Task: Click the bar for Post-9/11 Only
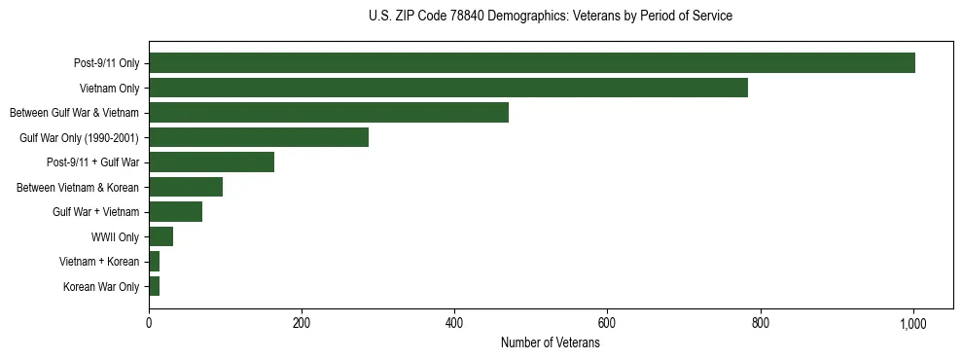tap(532, 63)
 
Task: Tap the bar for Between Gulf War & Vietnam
tap(329, 113)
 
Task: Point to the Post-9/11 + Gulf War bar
tap(211, 162)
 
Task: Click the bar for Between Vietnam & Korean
tap(186, 187)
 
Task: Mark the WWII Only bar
tap(160, 236)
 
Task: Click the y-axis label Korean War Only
tap(101, 287)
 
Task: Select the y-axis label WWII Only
tap(115, 236)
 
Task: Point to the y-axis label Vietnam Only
tap(108, 88)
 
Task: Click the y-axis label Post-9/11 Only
tap(106, 63)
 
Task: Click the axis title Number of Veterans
tap(550, 343)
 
